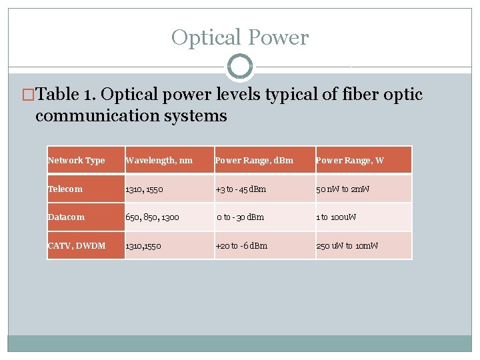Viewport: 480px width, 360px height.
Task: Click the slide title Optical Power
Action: click(x=240, y=37)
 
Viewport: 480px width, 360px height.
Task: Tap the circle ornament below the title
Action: click(x=240, y=67)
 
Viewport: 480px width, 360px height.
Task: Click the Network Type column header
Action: click(x=77, y=160)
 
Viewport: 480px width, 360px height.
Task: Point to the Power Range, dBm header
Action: click(x=254, y=160)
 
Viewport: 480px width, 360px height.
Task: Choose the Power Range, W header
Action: click(x=350, y=160)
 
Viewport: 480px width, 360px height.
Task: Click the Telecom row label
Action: click(x=65, y=189)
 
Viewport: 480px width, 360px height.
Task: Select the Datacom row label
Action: click(x=67, y=217)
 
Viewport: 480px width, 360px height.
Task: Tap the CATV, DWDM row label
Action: click(x=77, y=245)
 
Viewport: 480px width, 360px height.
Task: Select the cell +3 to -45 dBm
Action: click(x=241, y=189)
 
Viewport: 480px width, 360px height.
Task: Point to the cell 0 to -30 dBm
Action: click(x=241, y=217)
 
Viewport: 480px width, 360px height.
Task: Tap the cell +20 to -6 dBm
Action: click(x=241, y=245)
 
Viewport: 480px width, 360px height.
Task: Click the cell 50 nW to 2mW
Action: click(x=343, y=189)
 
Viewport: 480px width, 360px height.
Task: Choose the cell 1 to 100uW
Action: click(x=336, y=217)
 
